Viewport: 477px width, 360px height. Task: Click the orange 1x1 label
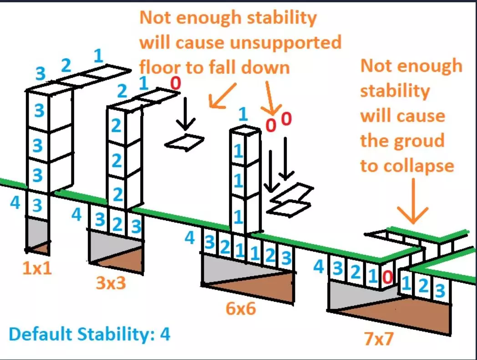point(38,269)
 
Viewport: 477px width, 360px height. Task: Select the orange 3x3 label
point(111,284)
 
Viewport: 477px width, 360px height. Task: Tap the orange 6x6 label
point(241,309)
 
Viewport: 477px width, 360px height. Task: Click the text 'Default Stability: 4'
point(90,335)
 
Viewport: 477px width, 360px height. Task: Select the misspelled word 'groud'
point(418,140)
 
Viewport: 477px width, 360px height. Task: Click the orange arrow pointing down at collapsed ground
point(412,203)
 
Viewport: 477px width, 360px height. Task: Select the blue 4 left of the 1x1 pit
point(15,203)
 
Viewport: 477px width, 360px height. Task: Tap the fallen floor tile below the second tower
point(184,142)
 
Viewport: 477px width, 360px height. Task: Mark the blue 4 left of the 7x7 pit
point(319,267)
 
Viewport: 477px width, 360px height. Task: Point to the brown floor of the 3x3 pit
point(123,259)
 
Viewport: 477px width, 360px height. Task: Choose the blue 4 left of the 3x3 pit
point(77,214)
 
